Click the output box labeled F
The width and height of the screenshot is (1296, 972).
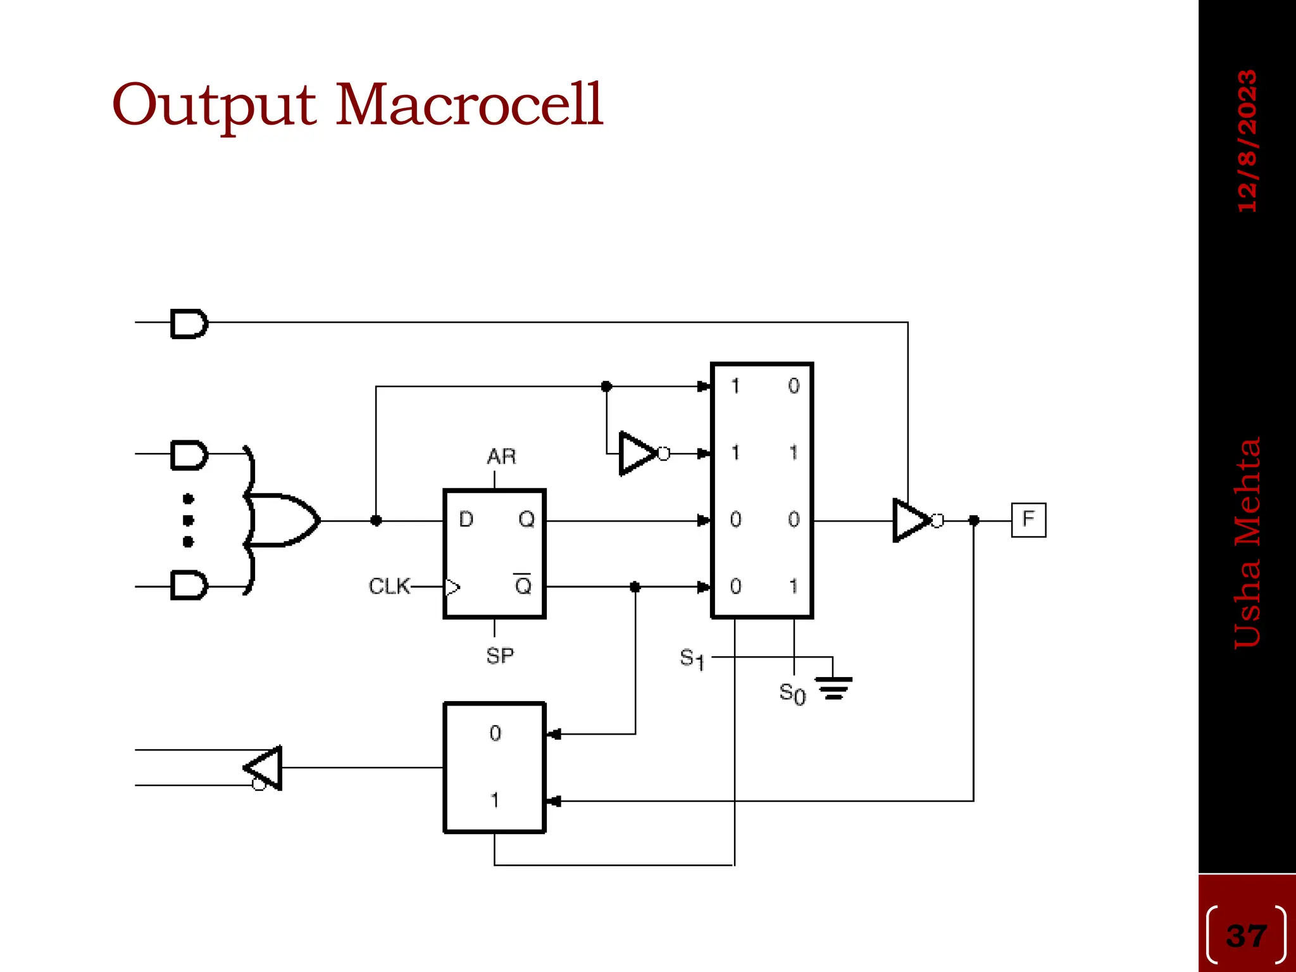(1028, 520)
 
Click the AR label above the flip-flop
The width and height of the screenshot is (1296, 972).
(501, 456)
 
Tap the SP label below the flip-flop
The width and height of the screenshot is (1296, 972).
(500, 656)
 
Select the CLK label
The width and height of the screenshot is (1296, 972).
(389, 586)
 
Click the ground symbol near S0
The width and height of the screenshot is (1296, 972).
(833, 687)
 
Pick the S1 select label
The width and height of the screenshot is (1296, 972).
(692, 659)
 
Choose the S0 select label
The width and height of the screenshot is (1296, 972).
(792, 694)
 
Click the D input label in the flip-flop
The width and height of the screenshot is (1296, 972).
(466, 520)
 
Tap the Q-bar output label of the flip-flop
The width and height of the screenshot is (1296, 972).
(523, 585)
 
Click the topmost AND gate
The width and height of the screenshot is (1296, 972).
(189, 323)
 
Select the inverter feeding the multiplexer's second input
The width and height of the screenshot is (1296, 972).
(639, 453)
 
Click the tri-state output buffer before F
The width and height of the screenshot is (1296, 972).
(913, 520)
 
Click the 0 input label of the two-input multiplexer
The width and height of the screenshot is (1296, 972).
(495, 733)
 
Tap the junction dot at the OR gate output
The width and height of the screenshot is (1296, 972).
(376, 520)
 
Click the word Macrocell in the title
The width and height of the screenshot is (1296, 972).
(469, 104)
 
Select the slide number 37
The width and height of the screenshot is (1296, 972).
(1246, 935)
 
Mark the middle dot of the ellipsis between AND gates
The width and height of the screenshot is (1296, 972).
(188, 520)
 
